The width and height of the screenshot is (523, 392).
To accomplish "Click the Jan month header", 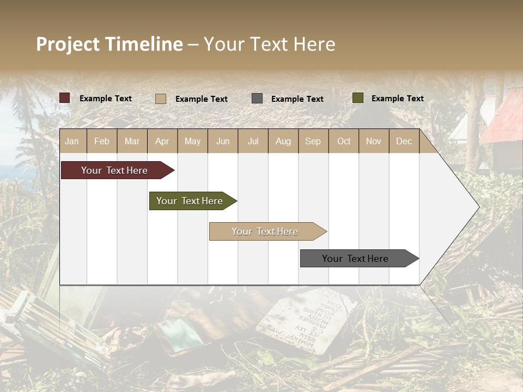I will tap(72, 141).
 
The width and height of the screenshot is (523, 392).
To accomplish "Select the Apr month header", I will tap(162, 141).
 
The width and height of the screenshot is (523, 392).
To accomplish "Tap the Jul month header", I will tap(253, 141).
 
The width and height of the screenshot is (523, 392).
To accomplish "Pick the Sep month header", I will tap(313, 141).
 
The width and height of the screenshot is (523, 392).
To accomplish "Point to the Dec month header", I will tap(404, 141).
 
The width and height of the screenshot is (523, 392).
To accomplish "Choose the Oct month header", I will tap(344, 141).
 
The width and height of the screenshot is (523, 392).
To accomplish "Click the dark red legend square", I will tap(64, 98).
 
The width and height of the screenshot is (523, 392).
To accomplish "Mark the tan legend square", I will tap(160, 99).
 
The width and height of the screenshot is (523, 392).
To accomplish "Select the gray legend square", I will tap(257, 99).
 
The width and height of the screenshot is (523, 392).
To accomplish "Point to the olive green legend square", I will tap(357, 98).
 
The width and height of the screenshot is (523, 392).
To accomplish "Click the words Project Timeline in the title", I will tap(109, 44).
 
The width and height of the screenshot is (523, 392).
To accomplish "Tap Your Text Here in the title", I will tap(270, 44).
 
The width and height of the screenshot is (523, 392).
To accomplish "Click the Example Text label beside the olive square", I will tap(397, 99).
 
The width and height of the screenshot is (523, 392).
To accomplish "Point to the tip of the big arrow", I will tap(478, 207).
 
